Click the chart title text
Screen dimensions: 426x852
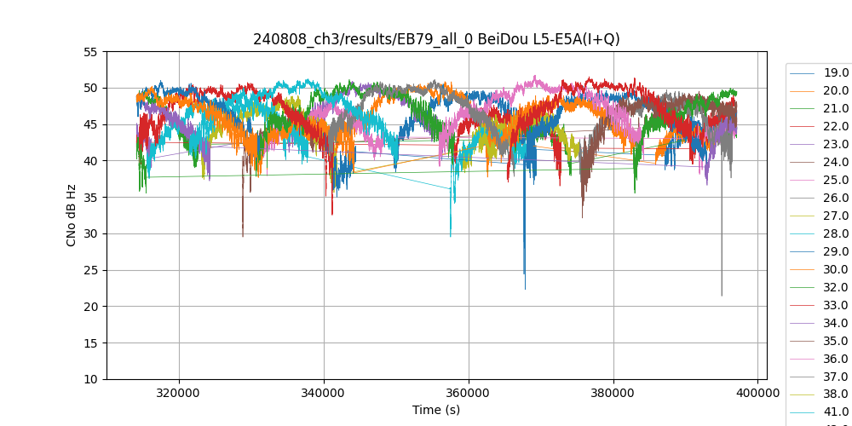pyautogui.click(x=436, y=39)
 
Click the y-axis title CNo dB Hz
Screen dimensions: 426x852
pyautogui.click(x=72, y=216)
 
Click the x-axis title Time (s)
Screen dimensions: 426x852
pyautogui.click(x=436, y=410)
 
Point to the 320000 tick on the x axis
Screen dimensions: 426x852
pyautogui.click(x=179, y=394)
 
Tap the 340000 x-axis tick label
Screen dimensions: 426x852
pyautogui.click(x=324, y=394)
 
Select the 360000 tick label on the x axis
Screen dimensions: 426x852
pyautogui.click(x=469, y=394)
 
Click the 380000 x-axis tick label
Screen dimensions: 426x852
pyautogui.click(x=613, y=394)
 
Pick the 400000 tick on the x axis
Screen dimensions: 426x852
pyautogui.click(x=758, y=394)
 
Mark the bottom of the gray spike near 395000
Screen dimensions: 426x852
pyautogui.click(x=722, y=295)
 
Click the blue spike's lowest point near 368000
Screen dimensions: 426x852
pyautogui.click(x=525, y=289)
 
